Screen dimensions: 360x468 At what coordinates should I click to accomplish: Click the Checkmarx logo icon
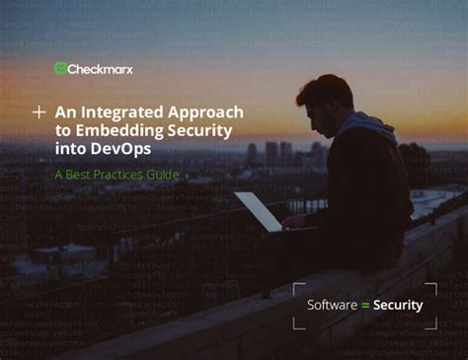pos(60,69)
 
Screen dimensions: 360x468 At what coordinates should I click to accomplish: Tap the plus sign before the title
pos(39,113)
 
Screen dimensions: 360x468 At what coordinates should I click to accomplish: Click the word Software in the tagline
pos(332,305)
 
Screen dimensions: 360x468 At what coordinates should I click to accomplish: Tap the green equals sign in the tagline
pos(364,305)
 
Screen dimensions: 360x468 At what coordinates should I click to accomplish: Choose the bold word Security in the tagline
pos(397,305)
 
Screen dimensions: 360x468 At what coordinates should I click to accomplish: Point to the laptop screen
pos(258,211)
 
